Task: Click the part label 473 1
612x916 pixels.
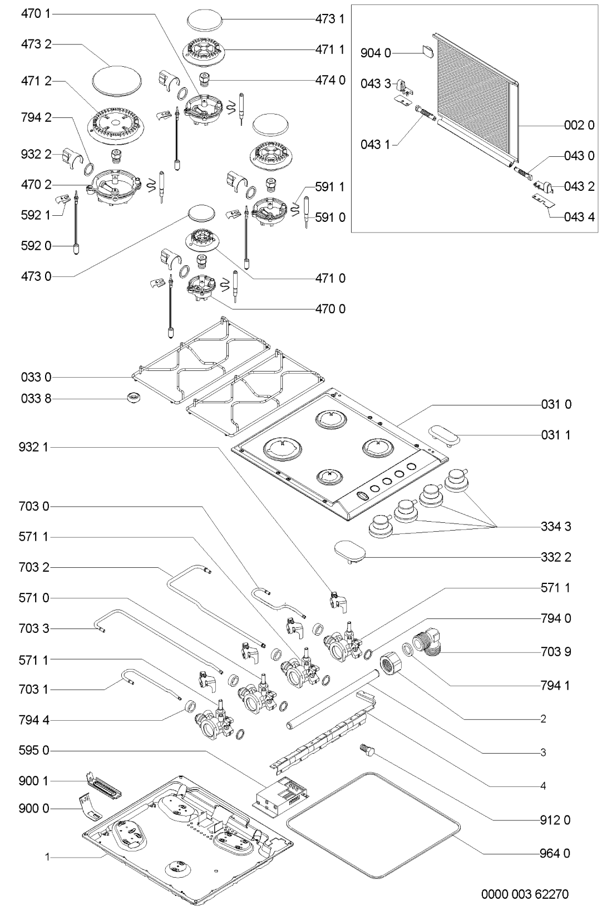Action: (330, 19)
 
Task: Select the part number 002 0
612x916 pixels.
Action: (579, 126)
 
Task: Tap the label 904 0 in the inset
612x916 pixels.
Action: (376, 53)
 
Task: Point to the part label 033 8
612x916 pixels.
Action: (36, 399)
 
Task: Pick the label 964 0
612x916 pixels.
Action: (556, 853)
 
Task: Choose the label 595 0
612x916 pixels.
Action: (36, 751)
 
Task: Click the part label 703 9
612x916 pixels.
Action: (556, 651)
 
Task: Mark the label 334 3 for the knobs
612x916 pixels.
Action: (556, 526)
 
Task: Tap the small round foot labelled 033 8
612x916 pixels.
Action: (134, 397)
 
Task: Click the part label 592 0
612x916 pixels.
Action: (36, 245)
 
